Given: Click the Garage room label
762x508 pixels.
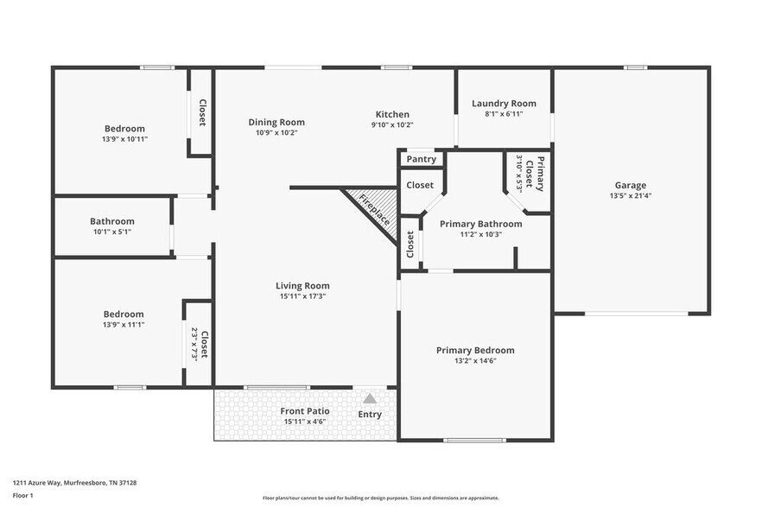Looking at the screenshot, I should [630, 185].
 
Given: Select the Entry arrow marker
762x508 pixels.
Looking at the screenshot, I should [370, 398].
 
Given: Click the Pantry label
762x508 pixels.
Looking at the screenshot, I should [421, 159].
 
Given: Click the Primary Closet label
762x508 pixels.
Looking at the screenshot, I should [540, 174].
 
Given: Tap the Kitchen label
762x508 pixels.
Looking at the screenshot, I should [392, 114].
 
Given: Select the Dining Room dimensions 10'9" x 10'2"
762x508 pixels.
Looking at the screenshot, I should [276, 133].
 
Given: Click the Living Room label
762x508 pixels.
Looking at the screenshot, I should [302, 286].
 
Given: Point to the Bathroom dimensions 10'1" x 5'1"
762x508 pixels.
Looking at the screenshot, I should [112, 232].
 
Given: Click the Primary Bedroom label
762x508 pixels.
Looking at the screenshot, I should [475, 350].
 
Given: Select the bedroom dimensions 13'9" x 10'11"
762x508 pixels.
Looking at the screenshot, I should [124, 139].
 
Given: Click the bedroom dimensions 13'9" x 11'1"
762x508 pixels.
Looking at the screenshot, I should [124, 325].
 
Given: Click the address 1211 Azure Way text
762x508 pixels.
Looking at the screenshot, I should [74, 483].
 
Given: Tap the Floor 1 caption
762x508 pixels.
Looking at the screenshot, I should [22, 496].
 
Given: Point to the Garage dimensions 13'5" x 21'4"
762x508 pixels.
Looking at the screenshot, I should [630, 195].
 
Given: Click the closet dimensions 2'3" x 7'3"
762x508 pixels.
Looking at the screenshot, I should [194, 344].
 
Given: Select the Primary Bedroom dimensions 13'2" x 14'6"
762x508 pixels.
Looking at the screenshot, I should [475, 361].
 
